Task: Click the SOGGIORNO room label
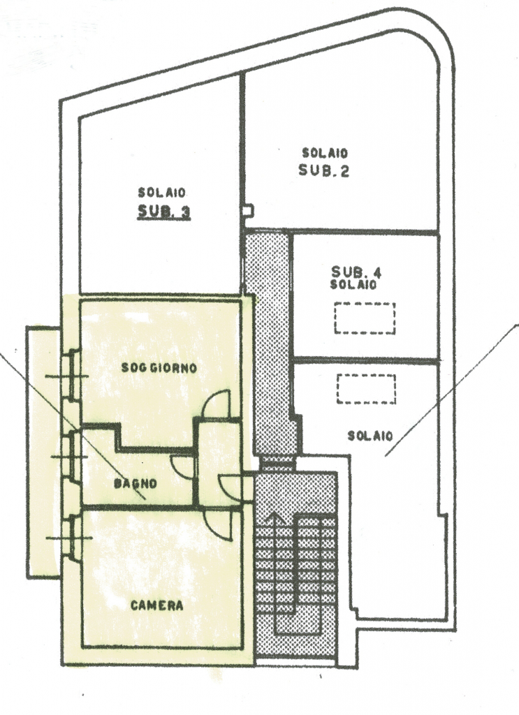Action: point(159,368)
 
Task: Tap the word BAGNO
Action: point(135,483)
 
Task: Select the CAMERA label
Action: point(157,605)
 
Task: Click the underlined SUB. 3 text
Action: point(164,212)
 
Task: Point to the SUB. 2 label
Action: point(324,170)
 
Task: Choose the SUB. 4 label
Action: point(356,272)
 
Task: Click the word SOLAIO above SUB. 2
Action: point(326,152)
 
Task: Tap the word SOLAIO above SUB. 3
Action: point(162,193)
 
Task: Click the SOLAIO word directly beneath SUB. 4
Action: point(353,285)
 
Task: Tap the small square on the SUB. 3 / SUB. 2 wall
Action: point(248,211)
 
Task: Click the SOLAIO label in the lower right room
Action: point(370,436)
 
